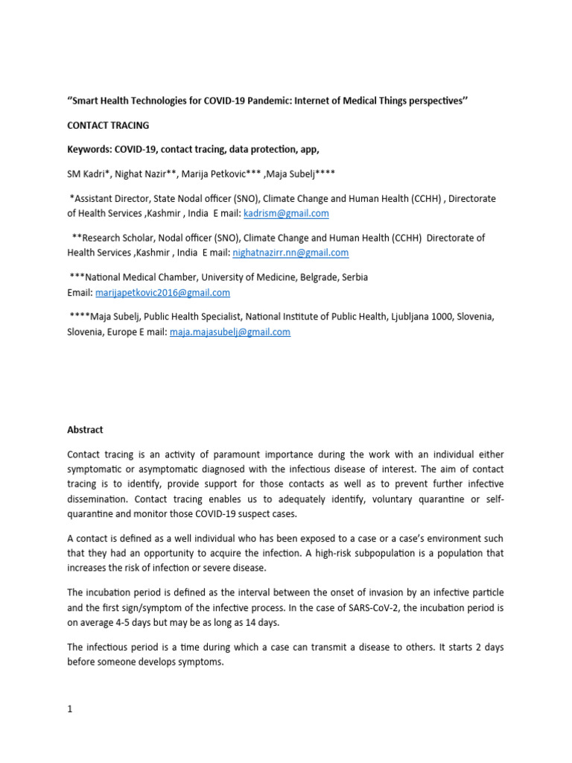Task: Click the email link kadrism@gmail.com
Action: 286,213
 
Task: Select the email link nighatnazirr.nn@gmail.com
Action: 290,253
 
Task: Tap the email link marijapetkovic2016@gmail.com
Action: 162,293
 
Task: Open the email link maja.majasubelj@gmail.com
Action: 230,332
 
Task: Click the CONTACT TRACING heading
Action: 108,125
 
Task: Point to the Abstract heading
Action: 85,430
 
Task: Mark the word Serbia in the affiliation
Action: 354,277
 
